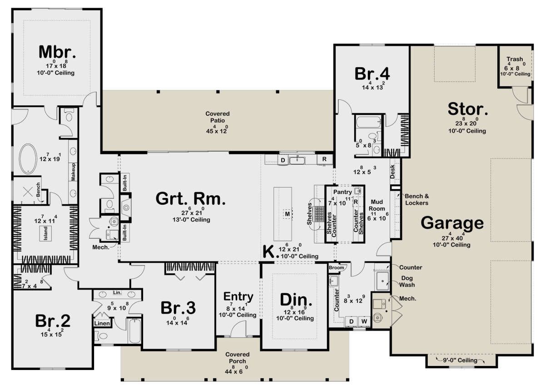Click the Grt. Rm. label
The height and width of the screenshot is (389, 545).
click(190, 199)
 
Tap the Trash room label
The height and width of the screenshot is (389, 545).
click(515, 59)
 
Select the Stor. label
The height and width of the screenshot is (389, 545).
click(467, 109)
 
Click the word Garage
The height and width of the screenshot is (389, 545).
click(451, 223)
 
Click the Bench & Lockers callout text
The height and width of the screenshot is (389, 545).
click(416, 199)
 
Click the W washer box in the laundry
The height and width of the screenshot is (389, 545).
click(364, 322)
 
